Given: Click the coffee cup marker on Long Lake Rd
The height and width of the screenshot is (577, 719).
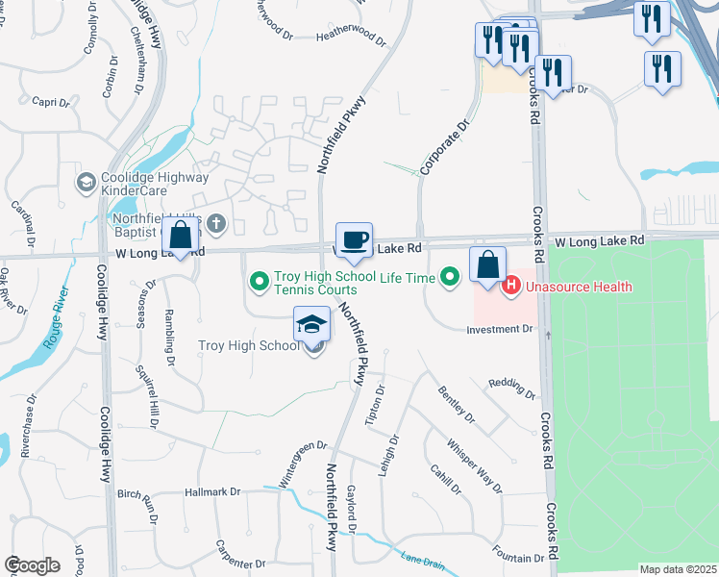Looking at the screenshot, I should [354, 239].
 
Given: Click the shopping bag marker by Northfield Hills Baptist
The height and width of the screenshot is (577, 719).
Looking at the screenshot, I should [181, 236].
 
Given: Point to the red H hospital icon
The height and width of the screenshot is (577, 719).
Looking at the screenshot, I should [511, 286].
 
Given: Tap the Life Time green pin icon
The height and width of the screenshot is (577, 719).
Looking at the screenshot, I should [449, 279].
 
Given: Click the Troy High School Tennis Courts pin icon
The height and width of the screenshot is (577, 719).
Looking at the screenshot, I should [259, 282].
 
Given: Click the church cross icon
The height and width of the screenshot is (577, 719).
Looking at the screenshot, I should [216, 225].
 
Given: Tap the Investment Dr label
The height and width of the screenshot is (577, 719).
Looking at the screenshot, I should [499, 329].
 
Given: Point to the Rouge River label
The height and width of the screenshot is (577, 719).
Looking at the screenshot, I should [59, 318].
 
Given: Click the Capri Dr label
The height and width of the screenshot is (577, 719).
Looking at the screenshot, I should [51, 102].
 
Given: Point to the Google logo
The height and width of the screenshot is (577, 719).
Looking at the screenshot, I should [32, 565].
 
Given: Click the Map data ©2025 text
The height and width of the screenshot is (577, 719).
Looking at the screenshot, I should [678, 569].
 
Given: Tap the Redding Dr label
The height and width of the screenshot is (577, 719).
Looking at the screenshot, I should [511, 388].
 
